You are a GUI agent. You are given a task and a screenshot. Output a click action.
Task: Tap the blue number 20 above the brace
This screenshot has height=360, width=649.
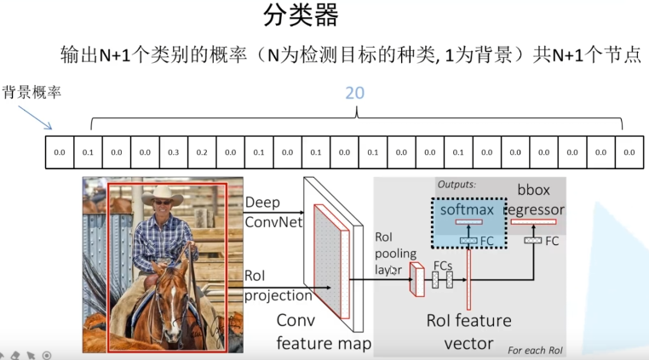[354, 92]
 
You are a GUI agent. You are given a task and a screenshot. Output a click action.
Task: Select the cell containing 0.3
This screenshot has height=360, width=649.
[173, 152]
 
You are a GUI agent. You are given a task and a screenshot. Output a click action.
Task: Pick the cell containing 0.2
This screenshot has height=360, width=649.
[201, 152]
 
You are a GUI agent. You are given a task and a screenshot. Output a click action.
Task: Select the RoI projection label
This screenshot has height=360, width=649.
[277, 286]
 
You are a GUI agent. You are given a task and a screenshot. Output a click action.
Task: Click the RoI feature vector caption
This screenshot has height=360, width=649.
[468, 332]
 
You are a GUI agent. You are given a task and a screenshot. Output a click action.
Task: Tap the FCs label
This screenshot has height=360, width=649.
[442, 266]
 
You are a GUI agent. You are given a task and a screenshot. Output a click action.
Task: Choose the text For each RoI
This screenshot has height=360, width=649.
[534, 350]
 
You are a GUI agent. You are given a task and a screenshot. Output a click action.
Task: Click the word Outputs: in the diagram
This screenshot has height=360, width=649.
[457, 184]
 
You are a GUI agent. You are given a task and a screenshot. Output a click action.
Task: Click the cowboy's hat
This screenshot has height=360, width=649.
[163, 195]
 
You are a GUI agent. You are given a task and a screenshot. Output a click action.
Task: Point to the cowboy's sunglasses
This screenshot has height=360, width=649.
[162, 203]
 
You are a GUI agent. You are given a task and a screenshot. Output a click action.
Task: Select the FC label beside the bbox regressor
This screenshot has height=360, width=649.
[552, 241]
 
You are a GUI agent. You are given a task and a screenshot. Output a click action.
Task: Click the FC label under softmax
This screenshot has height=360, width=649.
[487, 241]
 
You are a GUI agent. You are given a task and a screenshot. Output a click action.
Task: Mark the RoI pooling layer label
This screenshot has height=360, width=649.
[395, 254]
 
